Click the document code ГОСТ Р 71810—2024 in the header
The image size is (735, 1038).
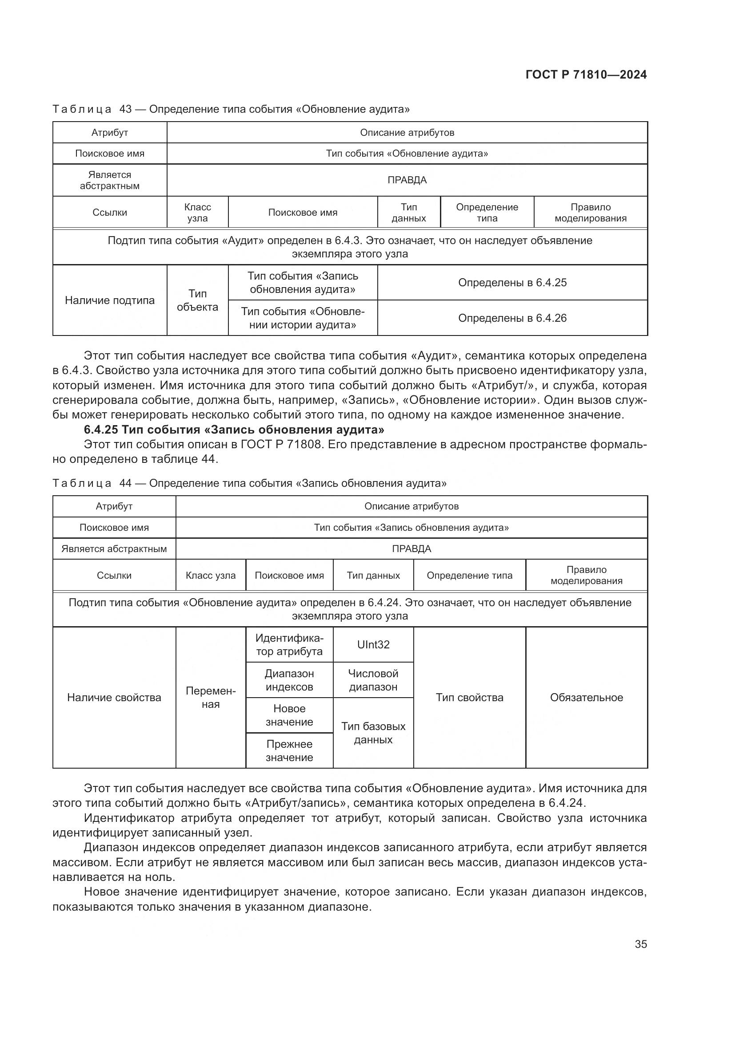tap(586, 75)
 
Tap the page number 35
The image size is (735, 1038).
tap(640, 944)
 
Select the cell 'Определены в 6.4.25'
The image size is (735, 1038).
tap(512, 283)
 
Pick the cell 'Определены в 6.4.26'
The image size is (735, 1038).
tap(512, 318)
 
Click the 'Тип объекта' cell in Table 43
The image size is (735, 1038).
tap(197, 300)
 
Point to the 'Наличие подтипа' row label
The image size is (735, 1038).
tap(109, 300)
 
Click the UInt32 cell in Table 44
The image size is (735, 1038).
tap(373, 644)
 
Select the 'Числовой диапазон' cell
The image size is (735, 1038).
tap(373, 680)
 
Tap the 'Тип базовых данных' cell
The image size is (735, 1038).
tap(373, 733)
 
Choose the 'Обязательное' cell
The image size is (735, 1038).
tap(586, 698)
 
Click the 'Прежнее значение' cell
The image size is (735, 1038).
tap(289, 750)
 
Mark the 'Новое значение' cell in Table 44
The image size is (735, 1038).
tap(289, 715)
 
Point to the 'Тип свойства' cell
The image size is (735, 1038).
tap(469, 698)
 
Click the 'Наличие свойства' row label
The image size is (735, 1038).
tap(114, 698)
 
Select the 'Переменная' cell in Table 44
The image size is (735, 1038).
tap(211, 698)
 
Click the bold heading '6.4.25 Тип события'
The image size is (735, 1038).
tap(234, 430)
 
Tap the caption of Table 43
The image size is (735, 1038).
tap(231, 109)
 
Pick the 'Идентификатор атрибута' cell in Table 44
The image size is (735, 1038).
tap(289, 644)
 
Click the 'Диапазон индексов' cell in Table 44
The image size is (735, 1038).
tap(289, 680)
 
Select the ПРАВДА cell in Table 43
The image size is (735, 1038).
tap(407, 180)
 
